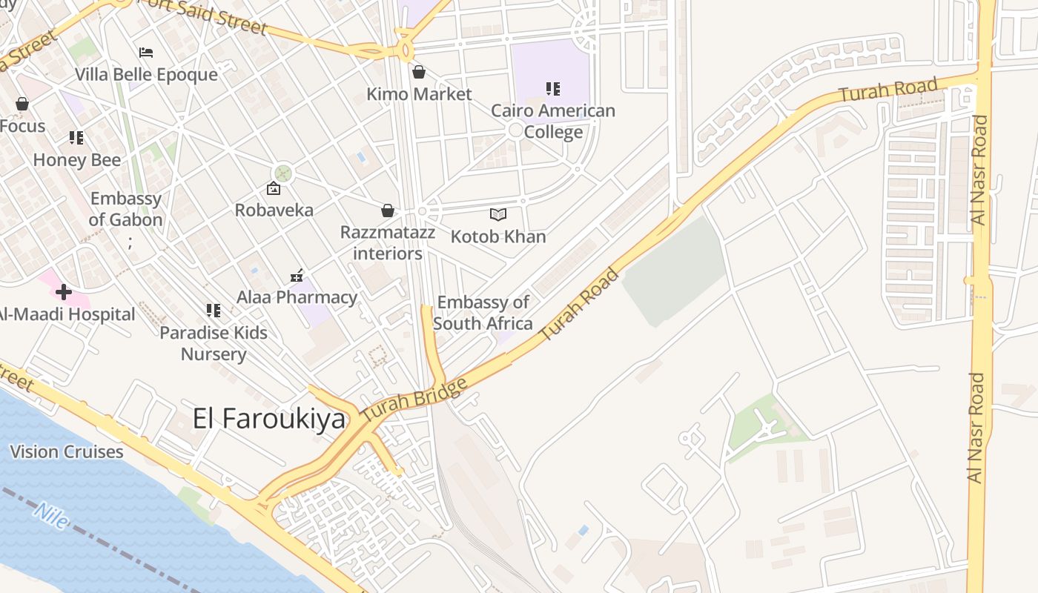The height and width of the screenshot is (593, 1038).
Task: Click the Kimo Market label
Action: pos(419,94)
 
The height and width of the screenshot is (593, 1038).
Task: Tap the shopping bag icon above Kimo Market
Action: pos(419,72)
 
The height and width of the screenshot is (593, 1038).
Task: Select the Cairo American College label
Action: pos(553,122)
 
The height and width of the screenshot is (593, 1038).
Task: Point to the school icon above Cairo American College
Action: pos(552,89)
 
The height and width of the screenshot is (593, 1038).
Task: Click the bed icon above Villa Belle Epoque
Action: pos(146,53)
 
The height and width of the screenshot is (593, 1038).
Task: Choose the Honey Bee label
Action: pos(77,160)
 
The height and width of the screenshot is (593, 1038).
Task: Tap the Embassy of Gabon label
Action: pos(125,209)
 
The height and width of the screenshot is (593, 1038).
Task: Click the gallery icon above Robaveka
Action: pos(273,189)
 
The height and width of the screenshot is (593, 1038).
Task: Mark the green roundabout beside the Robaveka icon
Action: pos(283,174)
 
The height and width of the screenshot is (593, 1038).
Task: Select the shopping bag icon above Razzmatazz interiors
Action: pos(387,211)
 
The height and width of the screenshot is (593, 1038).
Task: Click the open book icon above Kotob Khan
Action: pos(498,215)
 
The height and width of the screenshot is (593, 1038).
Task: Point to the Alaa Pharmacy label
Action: pos(297,297)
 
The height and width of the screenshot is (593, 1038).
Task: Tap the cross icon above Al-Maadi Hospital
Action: pos(64,292)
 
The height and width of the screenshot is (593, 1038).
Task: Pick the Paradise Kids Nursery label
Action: pos(214,343)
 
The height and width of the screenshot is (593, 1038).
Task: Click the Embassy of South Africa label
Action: pos(483,313)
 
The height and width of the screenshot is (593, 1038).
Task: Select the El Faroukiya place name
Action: pos(269,419)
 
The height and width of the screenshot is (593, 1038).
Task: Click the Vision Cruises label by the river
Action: pos(67,451)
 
